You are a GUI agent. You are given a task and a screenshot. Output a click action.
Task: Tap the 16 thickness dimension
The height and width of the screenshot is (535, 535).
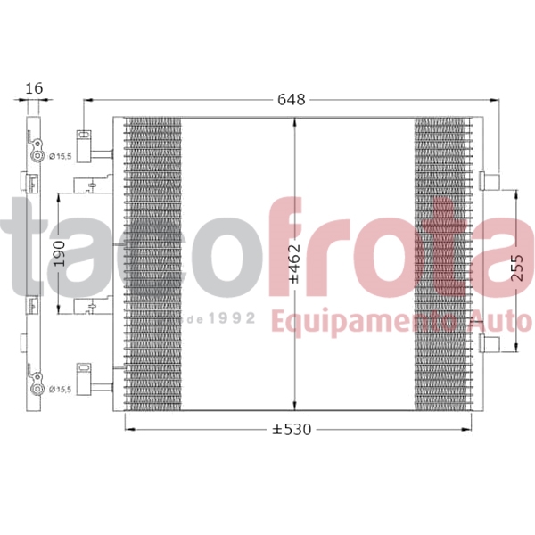pyautogui.click(x=34, y=88)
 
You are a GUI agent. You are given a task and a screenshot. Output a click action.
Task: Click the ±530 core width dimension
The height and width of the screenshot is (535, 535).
pyautogui.click(x=292, y=430)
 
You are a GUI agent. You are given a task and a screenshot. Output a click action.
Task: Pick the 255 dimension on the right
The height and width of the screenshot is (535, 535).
pyautogui.click(x=518, y=262)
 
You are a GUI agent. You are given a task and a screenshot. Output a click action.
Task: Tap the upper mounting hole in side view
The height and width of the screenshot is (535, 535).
pyautogui.click(x=38, y=156)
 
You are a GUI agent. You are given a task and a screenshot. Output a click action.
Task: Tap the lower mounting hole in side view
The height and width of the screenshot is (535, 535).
pyautogui.click(x=38, y=389)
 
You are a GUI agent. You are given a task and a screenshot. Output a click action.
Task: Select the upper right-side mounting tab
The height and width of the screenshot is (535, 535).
pyautogui.click(x=489, y=180)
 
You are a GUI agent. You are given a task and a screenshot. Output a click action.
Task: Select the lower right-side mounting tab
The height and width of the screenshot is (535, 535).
pyautogui.click(x=489, y=345)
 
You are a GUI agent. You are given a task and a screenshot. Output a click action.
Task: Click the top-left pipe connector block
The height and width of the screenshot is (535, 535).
pyautogui.click(x=86, y=146)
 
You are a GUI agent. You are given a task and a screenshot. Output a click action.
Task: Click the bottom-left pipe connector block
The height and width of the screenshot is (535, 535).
pyautogui.click(x=86, y=377)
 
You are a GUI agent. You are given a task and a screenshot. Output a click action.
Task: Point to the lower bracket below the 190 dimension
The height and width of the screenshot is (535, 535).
pyautogui.click(x=90, y=308)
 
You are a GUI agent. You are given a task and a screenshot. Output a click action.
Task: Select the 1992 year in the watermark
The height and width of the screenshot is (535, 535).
pyautogui.click(x=235, y=317)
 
